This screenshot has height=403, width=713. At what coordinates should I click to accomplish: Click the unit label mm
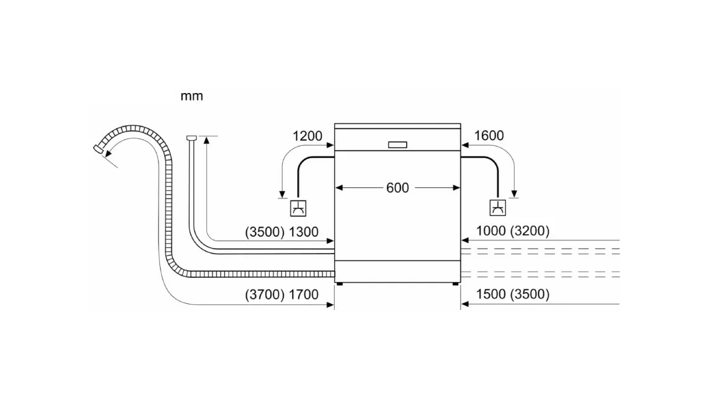[x=192, y=97]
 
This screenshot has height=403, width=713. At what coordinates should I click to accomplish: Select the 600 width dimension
[x=397, y=188]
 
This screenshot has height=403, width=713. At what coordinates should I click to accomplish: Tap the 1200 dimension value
[x=308, y=136]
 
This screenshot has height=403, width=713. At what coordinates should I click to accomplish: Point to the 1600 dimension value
[x=489, y=136]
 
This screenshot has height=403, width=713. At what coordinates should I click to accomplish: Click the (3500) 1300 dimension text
[x=281, y=232]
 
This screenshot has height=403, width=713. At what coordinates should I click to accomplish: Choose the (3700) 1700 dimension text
[x=281, y=294]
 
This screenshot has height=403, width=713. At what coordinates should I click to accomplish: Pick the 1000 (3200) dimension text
[x=513, y=231]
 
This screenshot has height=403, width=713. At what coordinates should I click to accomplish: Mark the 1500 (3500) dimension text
[x=513, y=294]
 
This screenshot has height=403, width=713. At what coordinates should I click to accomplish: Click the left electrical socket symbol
[x=298, y=208]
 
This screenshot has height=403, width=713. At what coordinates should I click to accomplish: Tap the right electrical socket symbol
[x=498, y=208]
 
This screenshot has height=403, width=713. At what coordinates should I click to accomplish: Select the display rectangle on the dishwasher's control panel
[x=397, y=144]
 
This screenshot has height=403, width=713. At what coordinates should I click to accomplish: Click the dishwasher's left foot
[x=339, y=284]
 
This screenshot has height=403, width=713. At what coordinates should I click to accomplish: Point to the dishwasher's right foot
[x=456, y=284]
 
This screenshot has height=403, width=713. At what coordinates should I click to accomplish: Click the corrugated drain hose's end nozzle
[x=98, y=149]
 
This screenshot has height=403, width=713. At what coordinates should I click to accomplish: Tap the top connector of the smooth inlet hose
[x=192, y=138]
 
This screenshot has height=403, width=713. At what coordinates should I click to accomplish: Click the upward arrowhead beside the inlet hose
[x=206, y=140]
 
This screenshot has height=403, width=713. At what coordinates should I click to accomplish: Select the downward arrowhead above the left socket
[x=282, y=194]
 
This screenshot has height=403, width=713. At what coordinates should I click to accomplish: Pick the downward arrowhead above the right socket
[x=514, y=194]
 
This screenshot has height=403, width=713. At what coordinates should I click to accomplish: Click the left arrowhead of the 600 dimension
[x=339, y=188]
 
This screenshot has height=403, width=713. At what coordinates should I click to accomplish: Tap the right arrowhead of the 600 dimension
[x=456, y=188]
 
